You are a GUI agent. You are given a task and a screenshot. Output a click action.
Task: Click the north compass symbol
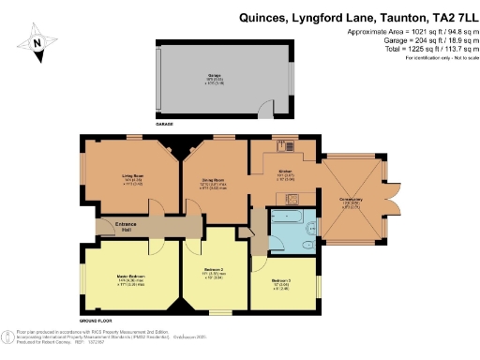click(x=37, y=43)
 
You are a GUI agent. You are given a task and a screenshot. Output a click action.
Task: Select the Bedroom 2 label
click(x=215, y=273)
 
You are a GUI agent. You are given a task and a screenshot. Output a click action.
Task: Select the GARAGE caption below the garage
click(x=165, y=122)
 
